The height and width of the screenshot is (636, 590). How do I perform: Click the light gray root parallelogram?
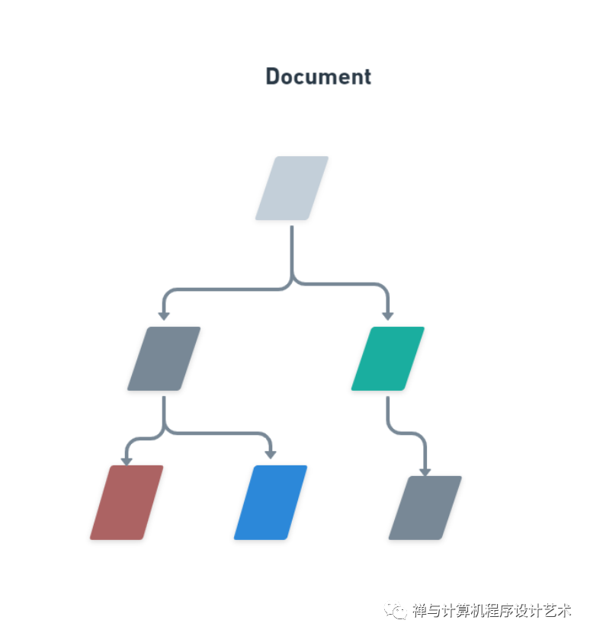pos(292,188)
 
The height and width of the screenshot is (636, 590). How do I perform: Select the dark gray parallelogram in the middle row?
pos(164,359)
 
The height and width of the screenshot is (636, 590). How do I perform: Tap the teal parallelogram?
pos(388,359)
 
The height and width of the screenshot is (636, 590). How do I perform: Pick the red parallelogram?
pos(127,503)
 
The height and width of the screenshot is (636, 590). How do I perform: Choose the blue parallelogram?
pos(271,503)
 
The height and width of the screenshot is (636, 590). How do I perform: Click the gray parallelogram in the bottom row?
pos(425,508)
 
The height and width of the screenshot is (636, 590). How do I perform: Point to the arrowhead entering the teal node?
pos(388,316)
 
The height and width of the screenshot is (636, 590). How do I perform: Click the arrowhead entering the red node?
pos(127,462)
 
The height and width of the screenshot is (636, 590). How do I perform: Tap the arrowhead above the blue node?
pos(271,455)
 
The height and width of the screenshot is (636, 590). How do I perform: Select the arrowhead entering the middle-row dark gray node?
pos(164,316)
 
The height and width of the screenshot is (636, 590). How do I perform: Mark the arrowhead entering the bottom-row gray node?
pos(425,472)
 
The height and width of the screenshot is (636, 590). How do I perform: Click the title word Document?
pos(319,77)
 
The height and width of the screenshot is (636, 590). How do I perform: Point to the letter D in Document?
pos(273,77)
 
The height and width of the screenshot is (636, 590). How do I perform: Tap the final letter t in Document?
pos(367,78)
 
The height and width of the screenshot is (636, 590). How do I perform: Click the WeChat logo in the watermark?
pos(396,610)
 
